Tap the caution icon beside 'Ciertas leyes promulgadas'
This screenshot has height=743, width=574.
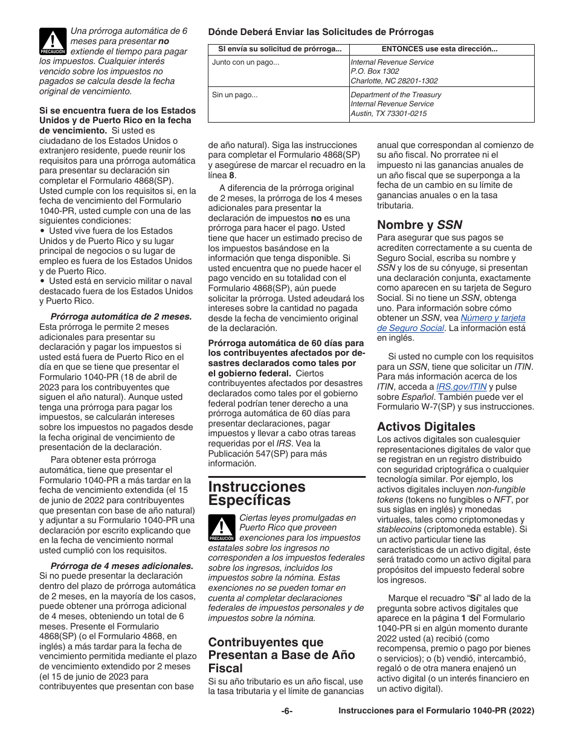(222, 528)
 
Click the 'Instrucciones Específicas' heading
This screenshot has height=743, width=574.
(257, 494)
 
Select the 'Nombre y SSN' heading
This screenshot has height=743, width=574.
(419, 225)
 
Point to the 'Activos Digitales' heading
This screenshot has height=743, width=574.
(426, 426)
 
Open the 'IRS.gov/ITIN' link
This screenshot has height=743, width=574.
(462, 387)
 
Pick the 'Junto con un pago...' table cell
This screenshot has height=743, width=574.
(245, 62)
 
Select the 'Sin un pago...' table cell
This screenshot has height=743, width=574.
(234, 95)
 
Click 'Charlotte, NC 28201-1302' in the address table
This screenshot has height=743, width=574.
(394, 81)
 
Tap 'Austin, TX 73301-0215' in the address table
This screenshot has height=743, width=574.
(389, 114)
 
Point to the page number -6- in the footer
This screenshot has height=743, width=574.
(286, 711)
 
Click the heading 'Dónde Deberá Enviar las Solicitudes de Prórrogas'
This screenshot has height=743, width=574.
(321, 32)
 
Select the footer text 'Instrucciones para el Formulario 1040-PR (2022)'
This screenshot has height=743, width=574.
(436, 711)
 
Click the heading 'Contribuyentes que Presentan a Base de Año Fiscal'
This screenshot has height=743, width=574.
(282, 655)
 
